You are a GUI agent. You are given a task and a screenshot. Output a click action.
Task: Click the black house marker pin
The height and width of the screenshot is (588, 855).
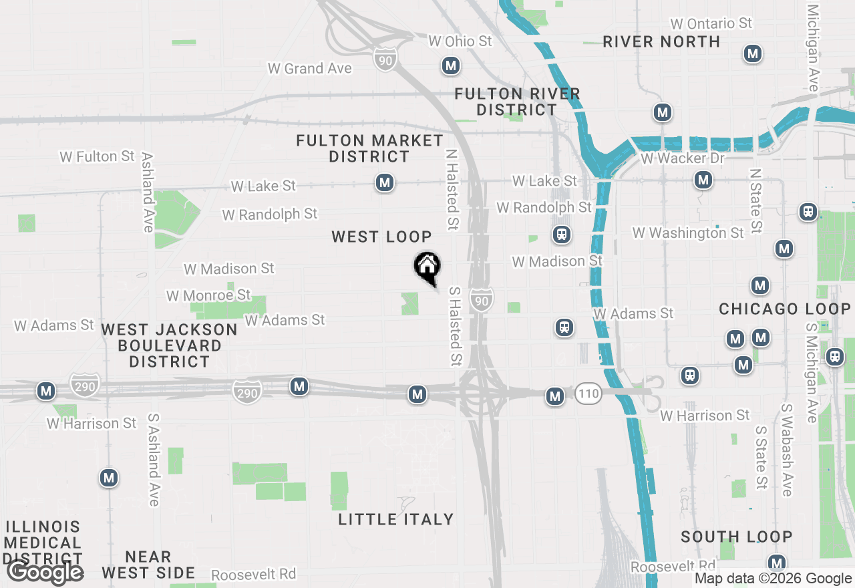pyautogui.click(x=427, y=267)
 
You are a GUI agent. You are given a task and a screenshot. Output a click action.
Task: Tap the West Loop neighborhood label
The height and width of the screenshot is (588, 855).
pyautogui.click(x=381, y=237)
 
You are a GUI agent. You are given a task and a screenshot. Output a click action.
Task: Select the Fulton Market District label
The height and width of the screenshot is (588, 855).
pyautogui.click(x=369, y=148)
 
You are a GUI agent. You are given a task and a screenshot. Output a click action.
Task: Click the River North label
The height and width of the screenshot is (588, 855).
pyautogui.click(x=661, y=41)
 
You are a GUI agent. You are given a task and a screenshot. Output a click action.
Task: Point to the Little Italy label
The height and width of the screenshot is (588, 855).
pyautogui.click(x=395, y=519)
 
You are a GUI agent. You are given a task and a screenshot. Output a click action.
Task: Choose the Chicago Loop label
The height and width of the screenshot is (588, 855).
pyautogui.click(x=784, y=309)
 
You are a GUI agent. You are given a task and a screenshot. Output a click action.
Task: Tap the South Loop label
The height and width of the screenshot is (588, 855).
pyautogui.click(x=736, y=537)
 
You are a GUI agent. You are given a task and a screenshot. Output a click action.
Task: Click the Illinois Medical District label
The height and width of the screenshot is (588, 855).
pyautogui.click(x=43, y=542)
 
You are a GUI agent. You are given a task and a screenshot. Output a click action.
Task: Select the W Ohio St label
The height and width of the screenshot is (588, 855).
pyautogui.click(x=460, y=41)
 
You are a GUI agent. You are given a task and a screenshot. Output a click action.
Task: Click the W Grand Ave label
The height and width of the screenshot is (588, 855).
pyautogui.click(x=309, y=68)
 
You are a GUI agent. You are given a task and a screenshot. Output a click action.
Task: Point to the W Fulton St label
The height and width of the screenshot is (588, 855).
pyautogui.click(x=97, y=156)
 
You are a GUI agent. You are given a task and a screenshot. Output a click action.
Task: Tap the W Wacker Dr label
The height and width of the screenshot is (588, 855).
pyautogui.click(x=682, y=158)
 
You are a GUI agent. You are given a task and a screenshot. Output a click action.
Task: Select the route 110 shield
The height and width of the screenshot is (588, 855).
pyautogui.click(x=588, y=394)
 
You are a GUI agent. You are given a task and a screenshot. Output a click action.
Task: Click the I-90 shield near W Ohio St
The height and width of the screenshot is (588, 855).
pyautogui.click(x=385, y=59)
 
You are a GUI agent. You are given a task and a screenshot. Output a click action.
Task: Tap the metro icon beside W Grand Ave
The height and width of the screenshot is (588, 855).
pyautogui.click(x=451, y=65)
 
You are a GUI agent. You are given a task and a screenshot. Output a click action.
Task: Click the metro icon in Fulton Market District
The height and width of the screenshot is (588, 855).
pyautogui.click(x=384, y=182)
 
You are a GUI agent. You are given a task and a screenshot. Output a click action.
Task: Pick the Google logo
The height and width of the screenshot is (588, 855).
pyautogui.click(x=45, y=573)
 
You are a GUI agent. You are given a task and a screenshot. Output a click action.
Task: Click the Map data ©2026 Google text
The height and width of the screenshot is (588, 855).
pyautogui.click(x=773, y=579)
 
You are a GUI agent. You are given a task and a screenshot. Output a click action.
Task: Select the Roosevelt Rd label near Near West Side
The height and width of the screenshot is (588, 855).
pyautogui.click(x=253, y=575)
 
